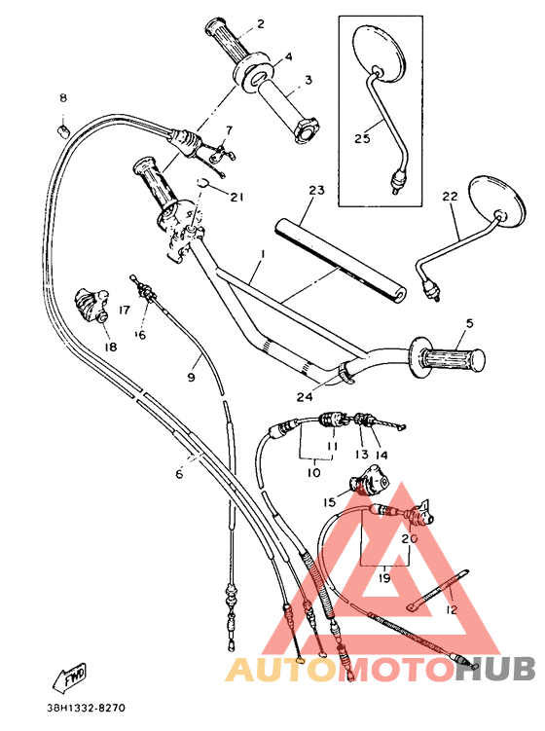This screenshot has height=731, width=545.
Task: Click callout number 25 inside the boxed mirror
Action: point(362,138)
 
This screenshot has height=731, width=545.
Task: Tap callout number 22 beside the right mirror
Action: point(449,198)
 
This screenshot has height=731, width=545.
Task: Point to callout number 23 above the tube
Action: point(314,191)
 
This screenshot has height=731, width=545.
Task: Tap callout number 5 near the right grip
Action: point(468,323)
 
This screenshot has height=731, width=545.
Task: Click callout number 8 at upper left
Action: point(63,98)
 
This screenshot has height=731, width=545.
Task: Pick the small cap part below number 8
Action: point(62,127)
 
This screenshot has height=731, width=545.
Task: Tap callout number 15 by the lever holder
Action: point(330,502)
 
